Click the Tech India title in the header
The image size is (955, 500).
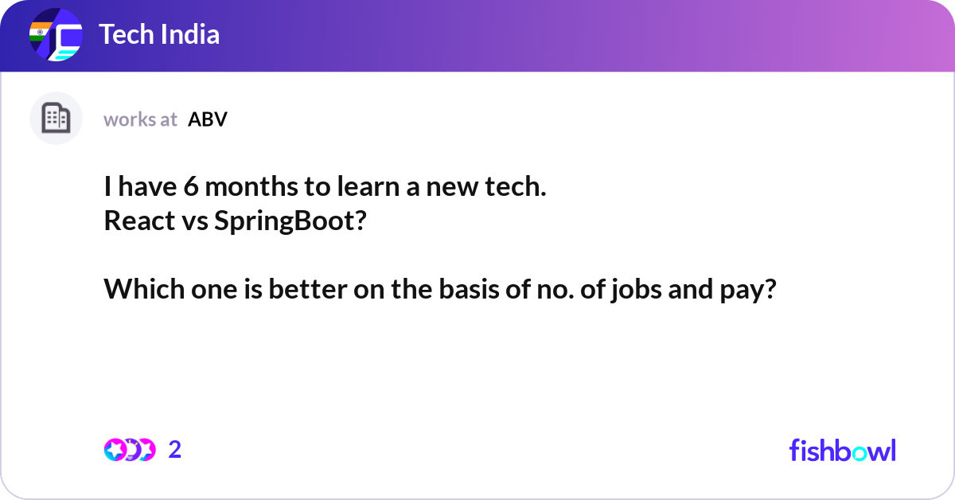tap(159, 34)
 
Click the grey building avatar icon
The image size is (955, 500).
tap(56, 119)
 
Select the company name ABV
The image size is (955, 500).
tap(208, 119)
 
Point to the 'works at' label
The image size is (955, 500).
tap(140, 119)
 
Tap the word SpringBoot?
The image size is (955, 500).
tap(290, 221)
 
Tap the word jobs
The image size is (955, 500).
tap(631, 290)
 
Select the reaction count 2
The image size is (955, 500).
tap(175, 450)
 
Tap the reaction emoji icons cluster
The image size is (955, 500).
tap(129, 450)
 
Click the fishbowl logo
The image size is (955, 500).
tap(842, 450)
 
